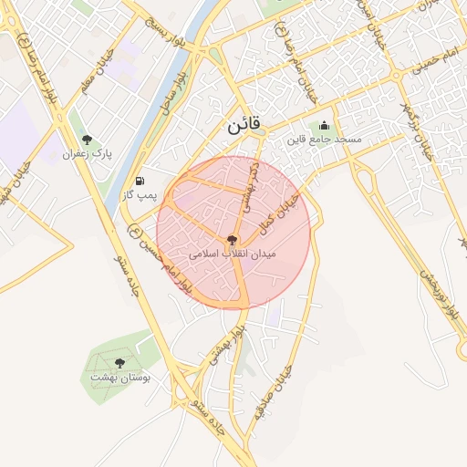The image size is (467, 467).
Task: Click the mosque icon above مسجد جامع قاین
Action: (326, 126)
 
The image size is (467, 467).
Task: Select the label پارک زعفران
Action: (87, 154)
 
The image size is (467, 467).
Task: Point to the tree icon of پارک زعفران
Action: (87, 140)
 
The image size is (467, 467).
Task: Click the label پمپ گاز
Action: (140, 194)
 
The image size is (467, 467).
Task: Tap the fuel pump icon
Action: (140, 181)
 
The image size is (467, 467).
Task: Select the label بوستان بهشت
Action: (120, 376)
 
